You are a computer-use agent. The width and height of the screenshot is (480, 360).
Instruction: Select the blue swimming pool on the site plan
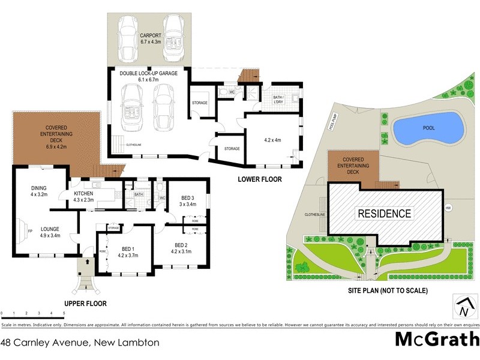point(429,129)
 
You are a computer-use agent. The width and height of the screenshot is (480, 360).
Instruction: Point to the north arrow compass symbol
point(463,307)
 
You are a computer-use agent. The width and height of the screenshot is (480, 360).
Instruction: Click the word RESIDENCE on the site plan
point(385,213)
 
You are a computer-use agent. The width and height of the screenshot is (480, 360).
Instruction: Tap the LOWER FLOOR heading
point(259,179)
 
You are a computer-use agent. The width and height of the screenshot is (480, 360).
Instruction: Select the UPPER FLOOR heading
point(85,304)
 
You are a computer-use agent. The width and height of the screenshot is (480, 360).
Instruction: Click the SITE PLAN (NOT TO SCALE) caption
point(388,290)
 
